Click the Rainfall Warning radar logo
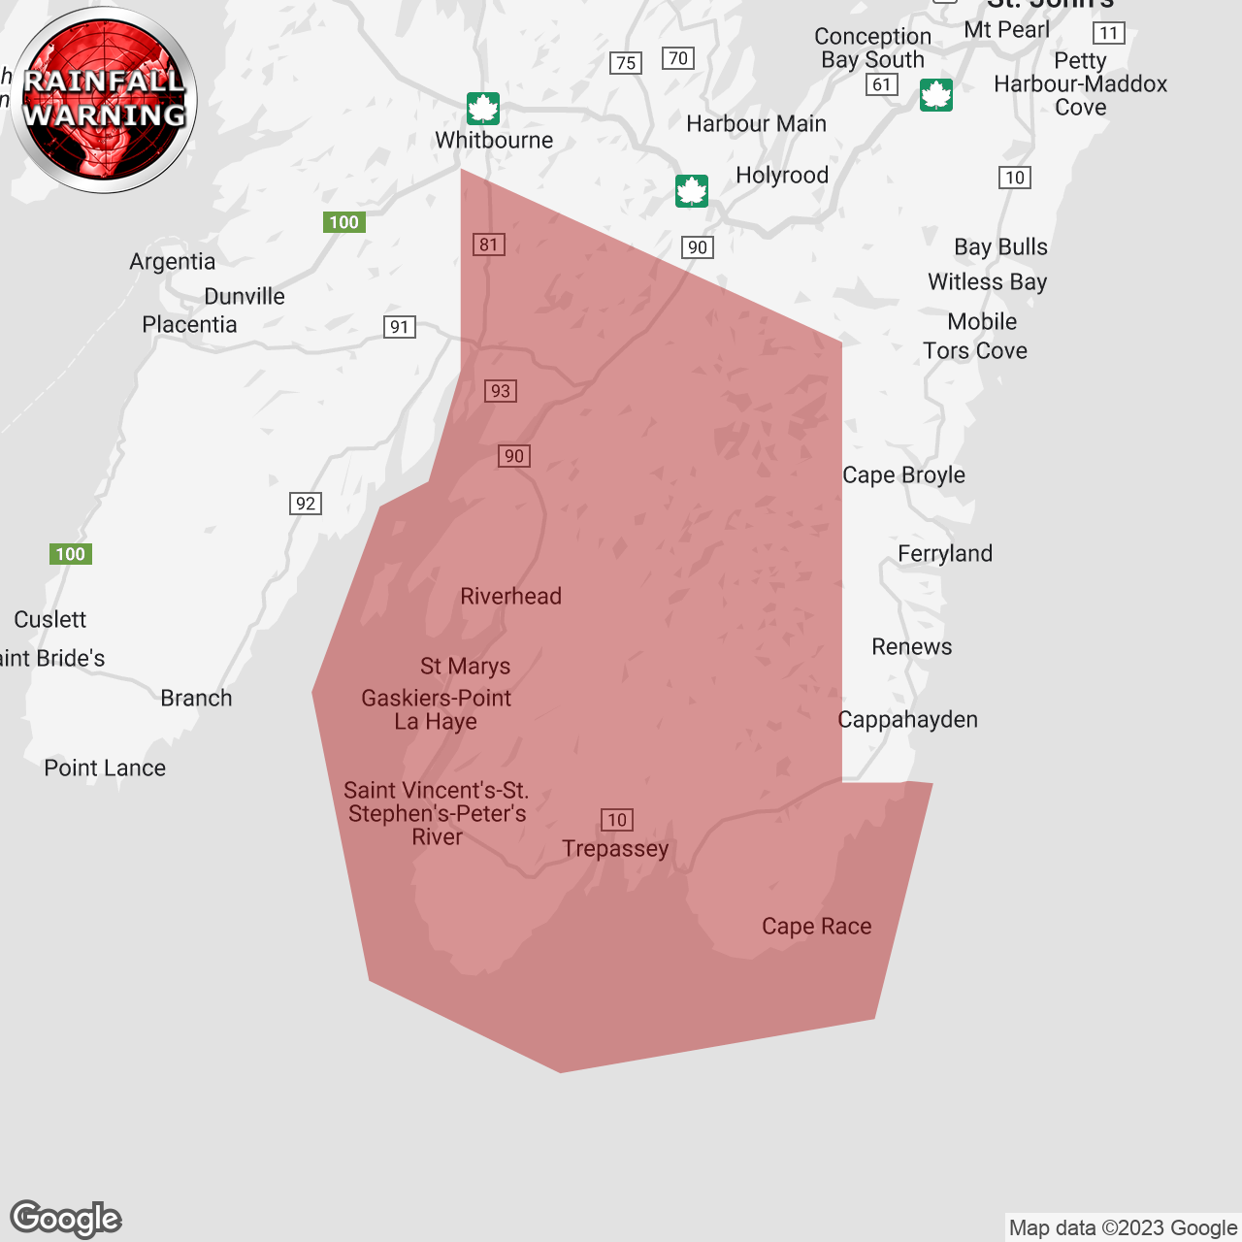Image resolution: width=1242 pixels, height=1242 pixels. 105,100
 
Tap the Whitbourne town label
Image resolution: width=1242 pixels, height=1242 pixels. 494,140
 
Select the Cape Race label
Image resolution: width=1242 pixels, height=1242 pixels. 816,927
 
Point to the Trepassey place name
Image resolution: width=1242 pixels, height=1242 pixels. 615,849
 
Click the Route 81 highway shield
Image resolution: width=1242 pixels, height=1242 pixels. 489,245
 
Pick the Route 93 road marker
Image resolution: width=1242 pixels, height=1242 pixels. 501,391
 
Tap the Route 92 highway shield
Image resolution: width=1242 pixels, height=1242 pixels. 306,504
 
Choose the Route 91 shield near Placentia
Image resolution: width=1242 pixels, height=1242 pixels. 400,327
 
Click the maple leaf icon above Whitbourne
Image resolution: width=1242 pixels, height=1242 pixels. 483,109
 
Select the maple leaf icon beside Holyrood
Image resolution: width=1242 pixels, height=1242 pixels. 692,191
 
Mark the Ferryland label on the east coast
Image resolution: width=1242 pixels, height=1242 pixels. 945,554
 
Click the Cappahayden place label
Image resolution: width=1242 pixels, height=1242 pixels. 907,720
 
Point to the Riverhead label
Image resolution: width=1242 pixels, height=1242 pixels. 510,597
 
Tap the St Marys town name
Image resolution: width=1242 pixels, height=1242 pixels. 465,667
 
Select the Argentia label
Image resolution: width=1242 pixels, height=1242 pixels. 173,262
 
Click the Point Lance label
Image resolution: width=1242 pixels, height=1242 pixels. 105,768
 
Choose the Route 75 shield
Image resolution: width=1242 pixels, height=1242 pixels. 627,63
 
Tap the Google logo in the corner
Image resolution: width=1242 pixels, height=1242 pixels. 66,1219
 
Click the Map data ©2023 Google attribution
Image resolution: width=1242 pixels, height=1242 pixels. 1123,1228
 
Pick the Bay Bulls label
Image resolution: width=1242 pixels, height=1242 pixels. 1000,247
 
